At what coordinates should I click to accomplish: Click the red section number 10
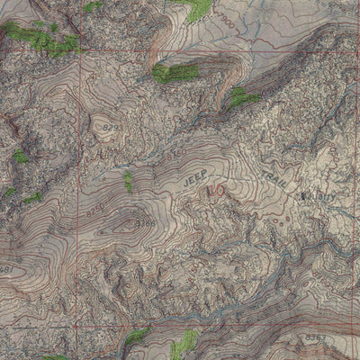point(215,191)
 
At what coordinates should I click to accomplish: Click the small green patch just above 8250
point(129,182)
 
